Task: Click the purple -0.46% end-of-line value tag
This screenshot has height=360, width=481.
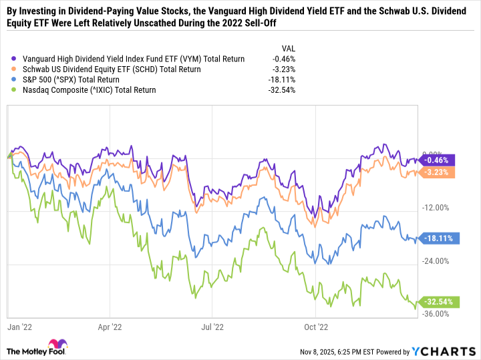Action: (438, 160)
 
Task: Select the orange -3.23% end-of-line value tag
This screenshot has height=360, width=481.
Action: (438, 172)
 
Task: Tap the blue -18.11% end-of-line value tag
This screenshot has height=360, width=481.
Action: (438, 238)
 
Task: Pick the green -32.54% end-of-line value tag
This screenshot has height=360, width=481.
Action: (438, 302)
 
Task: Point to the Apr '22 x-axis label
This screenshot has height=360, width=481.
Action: (110, 327)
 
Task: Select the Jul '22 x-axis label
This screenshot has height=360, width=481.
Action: (212, 327)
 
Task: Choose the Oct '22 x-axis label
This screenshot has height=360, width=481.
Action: (315, 327)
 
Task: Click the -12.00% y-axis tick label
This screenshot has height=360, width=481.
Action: (436, 208)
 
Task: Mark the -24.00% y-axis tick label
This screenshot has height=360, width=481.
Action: (436, 261)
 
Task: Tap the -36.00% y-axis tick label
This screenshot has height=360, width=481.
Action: (436, 314)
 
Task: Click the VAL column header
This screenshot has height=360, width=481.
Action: (287, 48)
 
